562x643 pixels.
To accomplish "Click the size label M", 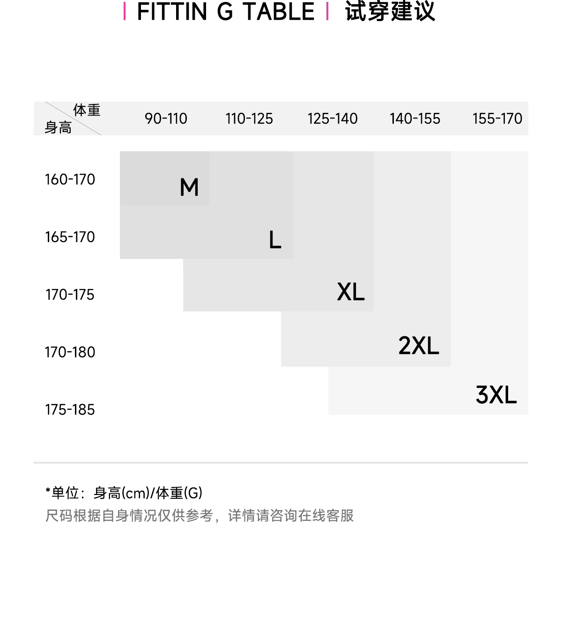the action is pos(189,187).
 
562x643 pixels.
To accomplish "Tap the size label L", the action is pos(275,240).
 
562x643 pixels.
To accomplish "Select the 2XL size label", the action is pos(419,346).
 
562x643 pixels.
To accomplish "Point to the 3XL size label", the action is pos(496,395).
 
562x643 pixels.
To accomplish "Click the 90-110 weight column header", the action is pos(166,118).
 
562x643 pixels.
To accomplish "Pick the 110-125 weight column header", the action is pos(249,118).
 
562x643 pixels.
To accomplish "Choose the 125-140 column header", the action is pos(333,118).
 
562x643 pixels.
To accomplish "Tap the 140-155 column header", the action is pos(415,118).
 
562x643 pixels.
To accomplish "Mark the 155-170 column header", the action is pos(497,118).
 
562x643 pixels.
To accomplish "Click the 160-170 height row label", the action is pos(70,179).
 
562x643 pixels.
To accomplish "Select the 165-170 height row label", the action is pos(70,237).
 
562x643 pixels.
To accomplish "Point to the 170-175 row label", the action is pos(70,295).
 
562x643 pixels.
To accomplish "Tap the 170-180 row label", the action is pos(70,352).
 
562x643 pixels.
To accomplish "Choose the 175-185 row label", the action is pos(70,410).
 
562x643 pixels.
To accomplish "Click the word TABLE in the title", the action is pos(279,12).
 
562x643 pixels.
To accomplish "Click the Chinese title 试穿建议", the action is pos(390,12).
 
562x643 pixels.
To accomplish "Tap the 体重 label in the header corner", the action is pos(87,110).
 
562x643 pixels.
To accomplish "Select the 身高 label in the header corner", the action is pos(58,127).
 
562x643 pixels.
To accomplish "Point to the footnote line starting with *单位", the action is pos(124,493).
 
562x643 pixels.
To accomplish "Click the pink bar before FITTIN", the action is pos(125,12).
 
